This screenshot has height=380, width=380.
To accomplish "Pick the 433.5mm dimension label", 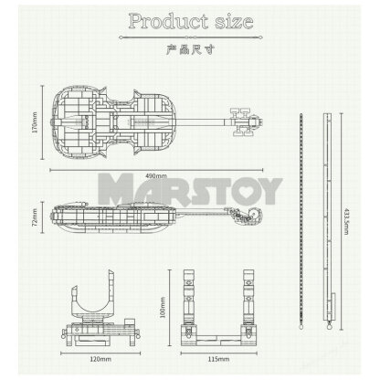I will click(343, 218).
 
